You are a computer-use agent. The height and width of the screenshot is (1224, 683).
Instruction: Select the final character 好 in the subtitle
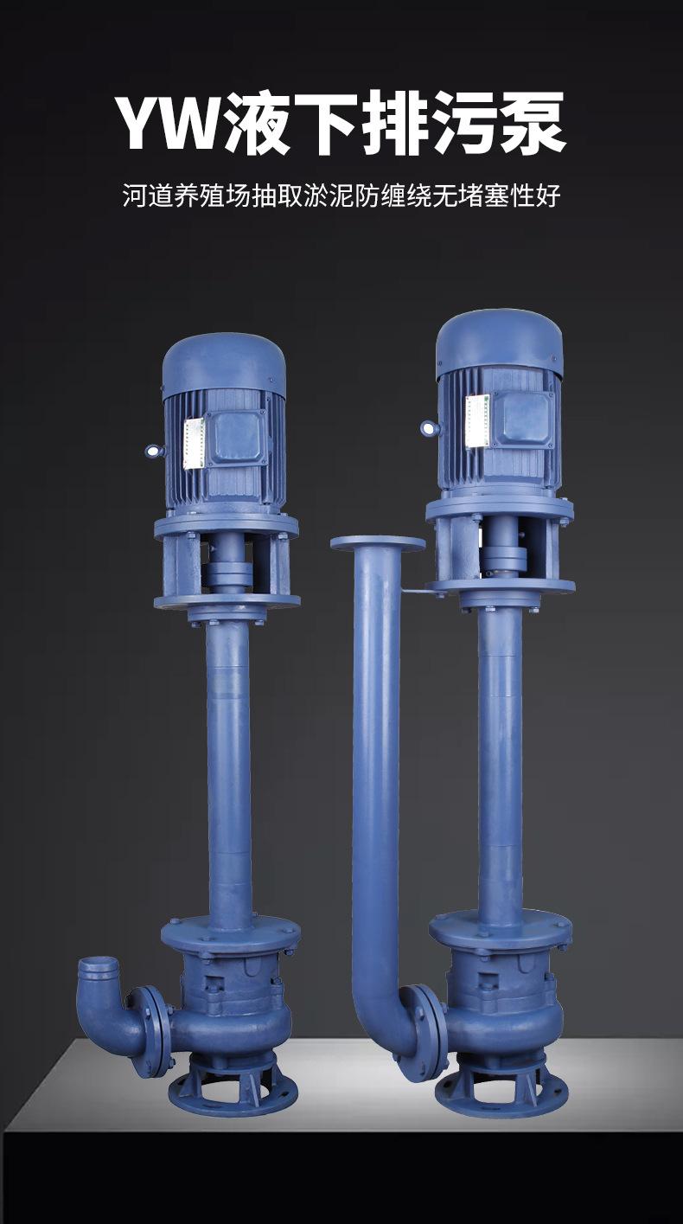pos(548,195)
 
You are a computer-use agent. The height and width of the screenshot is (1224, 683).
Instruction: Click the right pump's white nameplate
pos(477,420)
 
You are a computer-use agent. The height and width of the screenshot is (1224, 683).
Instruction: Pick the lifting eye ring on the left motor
pos(154,451)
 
